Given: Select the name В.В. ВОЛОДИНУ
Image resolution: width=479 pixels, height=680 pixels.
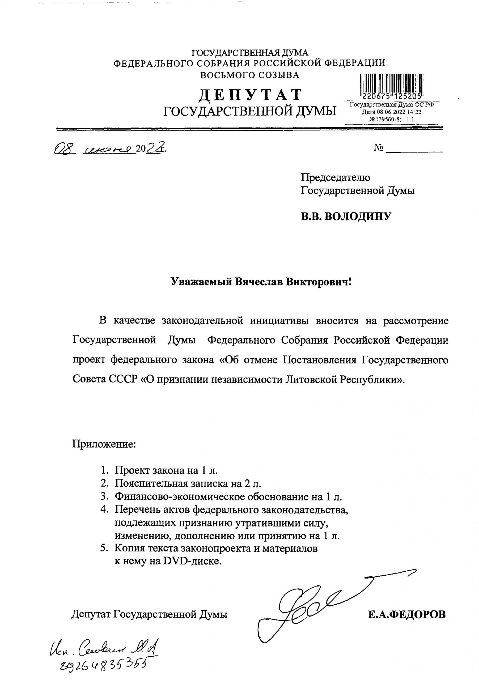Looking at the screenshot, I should click(x=346, y=216).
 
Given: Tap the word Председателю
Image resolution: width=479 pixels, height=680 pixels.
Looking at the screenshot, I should click(x=335, y=177).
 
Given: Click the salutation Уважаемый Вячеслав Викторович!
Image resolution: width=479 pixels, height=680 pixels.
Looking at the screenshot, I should click(x=261, y=282).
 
